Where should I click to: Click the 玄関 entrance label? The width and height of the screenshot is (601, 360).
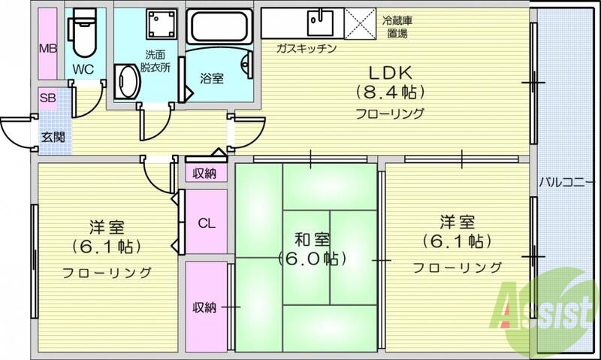tap(53, 137)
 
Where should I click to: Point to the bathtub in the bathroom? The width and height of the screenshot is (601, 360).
tap(219, 29)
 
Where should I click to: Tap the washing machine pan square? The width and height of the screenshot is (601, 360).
tap(159, 28)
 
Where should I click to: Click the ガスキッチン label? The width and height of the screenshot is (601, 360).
tap(305, 48)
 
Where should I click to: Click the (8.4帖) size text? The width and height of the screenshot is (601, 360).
tap(390, 93)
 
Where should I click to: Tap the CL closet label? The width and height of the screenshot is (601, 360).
tap(207, 222)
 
